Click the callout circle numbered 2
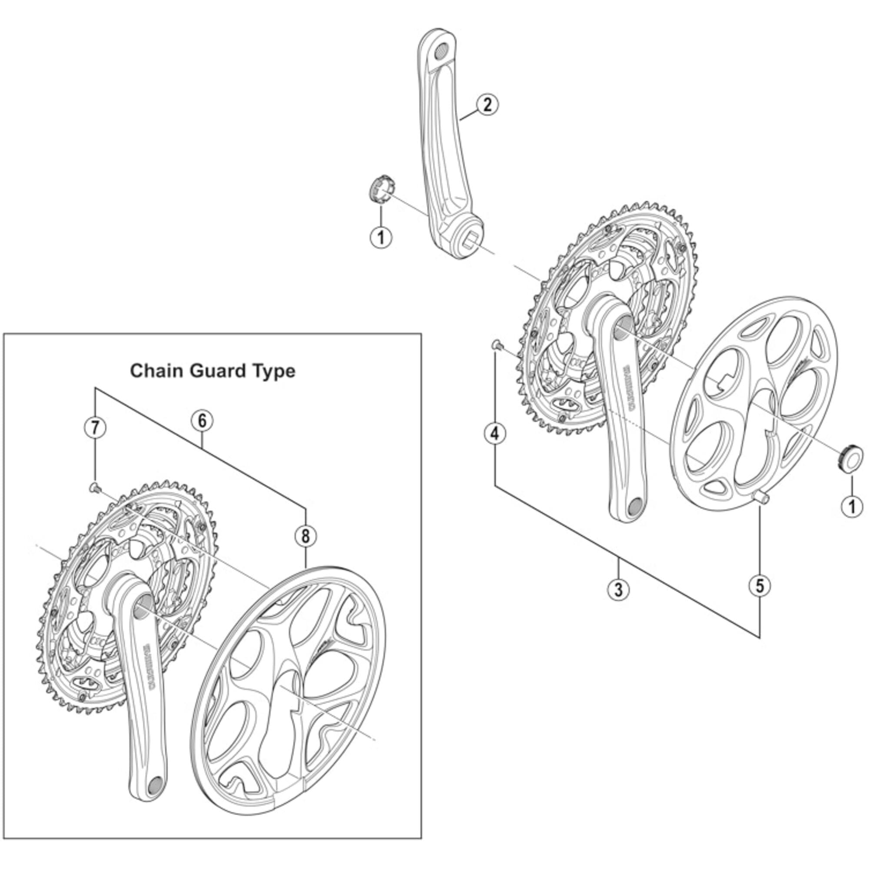487,105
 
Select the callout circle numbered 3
618,589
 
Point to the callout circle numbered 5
760,586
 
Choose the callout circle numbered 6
202,421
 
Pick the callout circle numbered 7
95,427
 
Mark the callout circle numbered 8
306,536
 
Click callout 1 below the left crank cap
381,237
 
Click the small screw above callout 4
496,345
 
